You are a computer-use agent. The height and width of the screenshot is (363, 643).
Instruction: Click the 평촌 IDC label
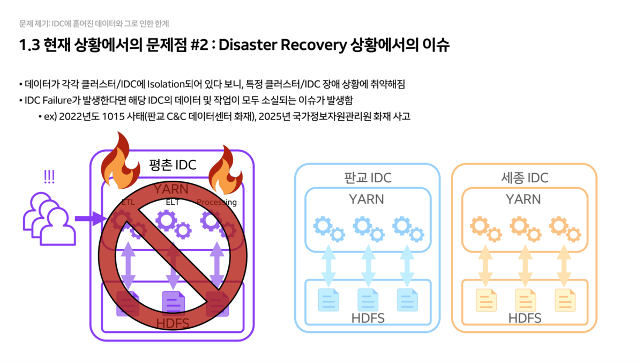pyautogui.click(x=172, y=165)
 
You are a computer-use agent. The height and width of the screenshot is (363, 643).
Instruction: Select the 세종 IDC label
pyautogui.click(x=524, y=177)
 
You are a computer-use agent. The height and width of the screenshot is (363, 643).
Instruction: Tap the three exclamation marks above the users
pyautogui.click(x=49, y=176)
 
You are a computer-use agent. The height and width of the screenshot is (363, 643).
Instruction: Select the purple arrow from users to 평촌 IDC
pyautogui.click(x=89, y=219)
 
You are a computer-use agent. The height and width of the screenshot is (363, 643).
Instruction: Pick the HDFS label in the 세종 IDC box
pyautogui.click(x=525, y=318)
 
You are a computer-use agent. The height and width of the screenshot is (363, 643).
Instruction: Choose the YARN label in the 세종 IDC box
pyautogui.click(x=524, y=199)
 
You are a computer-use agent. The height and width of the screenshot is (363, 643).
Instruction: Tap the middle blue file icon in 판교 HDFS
pyautogui.click(x=368, y=300)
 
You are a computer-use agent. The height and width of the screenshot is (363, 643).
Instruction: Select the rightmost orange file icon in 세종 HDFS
pyautogui.click(x=565, y=300)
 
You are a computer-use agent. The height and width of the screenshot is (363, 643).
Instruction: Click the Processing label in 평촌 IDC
pyautogui.click(x=216, y=202)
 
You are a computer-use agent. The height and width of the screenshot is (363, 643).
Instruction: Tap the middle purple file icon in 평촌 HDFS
pyautogui.click(x=173, y=302)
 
